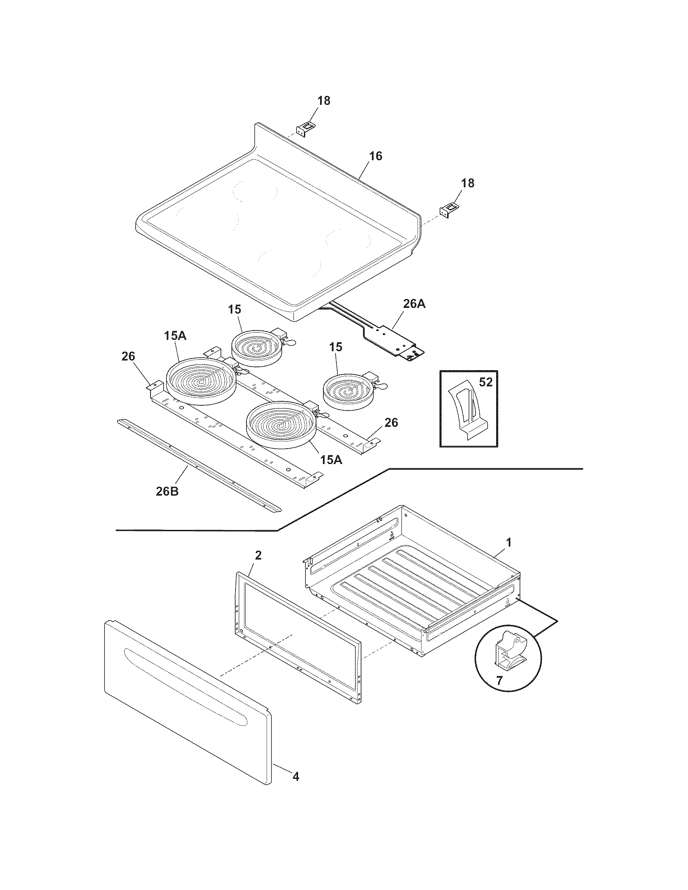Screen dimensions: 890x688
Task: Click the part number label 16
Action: point(376,156)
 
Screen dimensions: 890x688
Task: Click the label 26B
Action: point(167,491)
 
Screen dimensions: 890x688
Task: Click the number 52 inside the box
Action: point(485,382)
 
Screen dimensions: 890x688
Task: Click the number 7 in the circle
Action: point(500,680)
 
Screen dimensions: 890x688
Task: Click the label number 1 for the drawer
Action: point(508,542)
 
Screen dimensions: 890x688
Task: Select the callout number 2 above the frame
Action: point(259,555)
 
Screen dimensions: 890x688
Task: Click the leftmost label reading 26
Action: point(128,356)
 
